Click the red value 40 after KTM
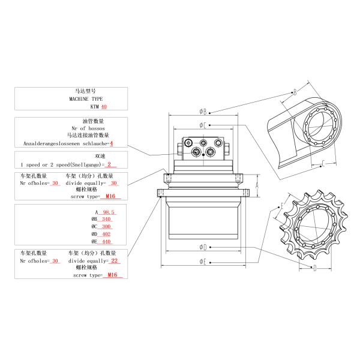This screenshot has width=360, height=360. [x=104, y=106]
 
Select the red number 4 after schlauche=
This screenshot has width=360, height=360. [x=111, y=144]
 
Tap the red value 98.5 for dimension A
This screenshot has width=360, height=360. [x=109, y=212]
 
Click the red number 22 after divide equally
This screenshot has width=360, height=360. [x=116, y=261]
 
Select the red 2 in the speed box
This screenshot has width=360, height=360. [x=109, y=164]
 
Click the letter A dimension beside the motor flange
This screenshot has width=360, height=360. [x=257, y=186]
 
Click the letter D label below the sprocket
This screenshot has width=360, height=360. [x=314, y=269]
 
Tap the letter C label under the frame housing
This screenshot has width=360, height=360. [x=323, y=163]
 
